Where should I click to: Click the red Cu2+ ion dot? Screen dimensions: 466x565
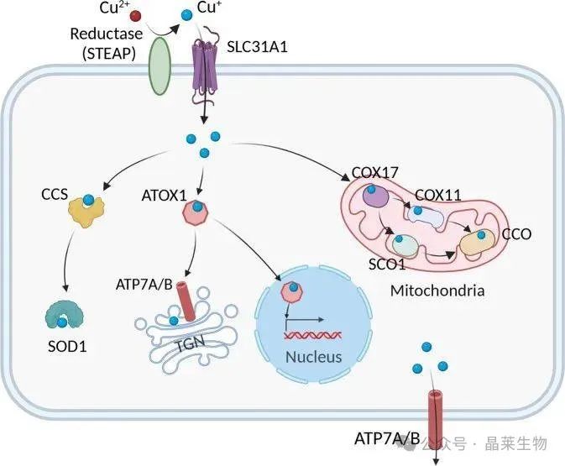135,15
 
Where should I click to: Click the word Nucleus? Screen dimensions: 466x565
312,357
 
